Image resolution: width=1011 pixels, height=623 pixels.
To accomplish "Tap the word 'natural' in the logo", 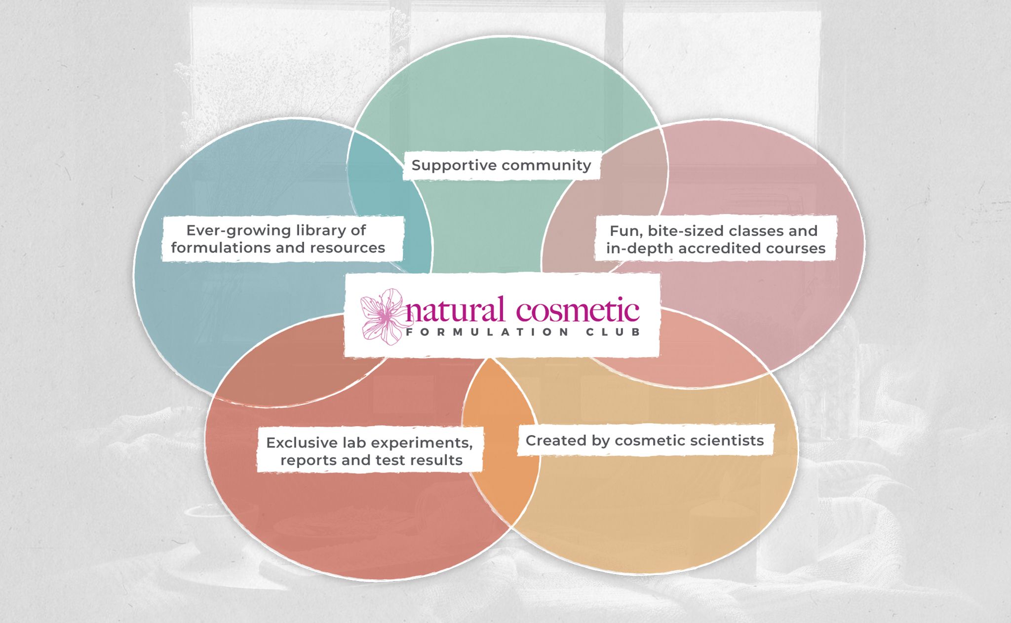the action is (x=455, y=310).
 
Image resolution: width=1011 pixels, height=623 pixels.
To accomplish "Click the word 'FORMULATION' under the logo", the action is (x=487, y=332).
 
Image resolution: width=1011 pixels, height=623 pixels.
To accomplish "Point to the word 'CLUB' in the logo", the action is (x=613, y=332).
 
